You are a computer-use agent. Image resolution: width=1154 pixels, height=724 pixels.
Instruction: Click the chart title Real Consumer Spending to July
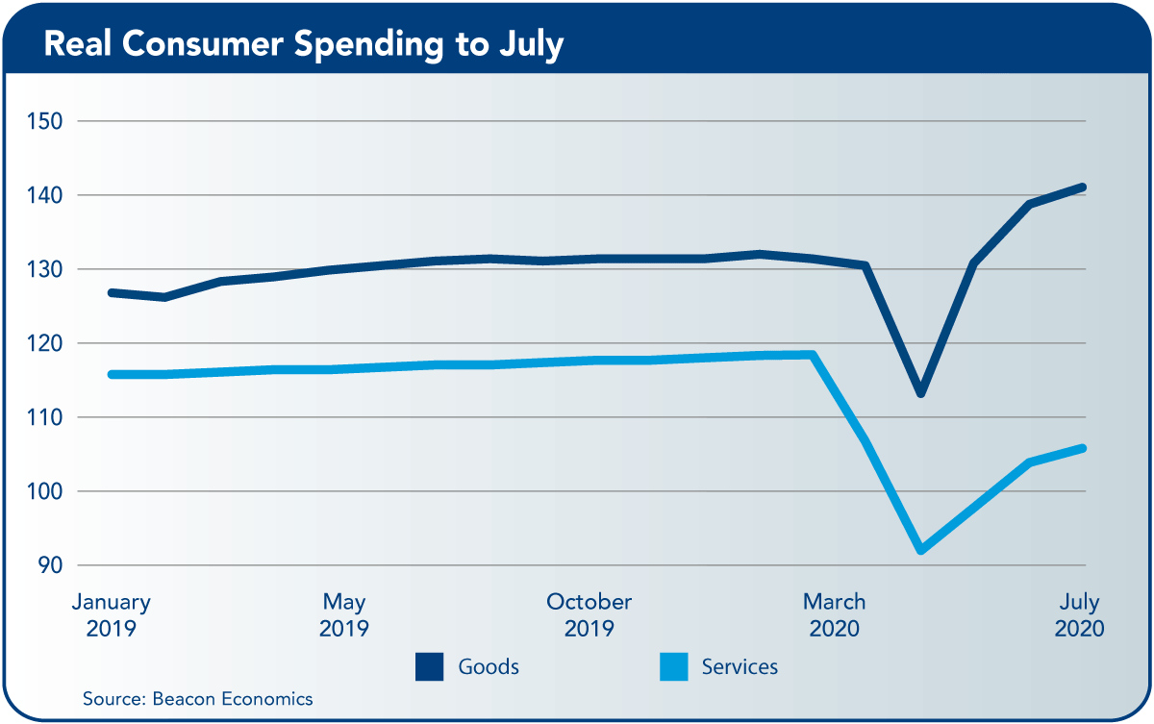click(x=303, y=44)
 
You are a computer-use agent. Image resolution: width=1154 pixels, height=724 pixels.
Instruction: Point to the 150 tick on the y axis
click(x=43, y=122)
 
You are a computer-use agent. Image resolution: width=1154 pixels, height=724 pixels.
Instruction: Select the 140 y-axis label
click(x=43, y=196)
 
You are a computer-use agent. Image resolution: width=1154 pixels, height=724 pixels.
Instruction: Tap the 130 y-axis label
click(x=43, y=270)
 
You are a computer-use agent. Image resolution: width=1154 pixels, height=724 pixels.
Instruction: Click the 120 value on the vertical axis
click(x=43, y=344)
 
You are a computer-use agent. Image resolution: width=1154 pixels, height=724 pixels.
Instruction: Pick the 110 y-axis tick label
click(x=43, y=418)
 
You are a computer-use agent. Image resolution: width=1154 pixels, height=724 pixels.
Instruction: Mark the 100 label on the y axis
click(x=43, y=492)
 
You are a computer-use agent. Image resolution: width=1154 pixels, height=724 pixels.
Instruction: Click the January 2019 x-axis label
click(x=112, y=616)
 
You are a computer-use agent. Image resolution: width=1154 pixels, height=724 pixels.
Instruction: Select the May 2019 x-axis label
click(x=344, y=616)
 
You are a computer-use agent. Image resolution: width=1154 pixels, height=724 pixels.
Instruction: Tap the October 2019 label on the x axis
click(x=590, y=616)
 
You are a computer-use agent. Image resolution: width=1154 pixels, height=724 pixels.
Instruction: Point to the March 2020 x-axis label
click(x=835, y=616)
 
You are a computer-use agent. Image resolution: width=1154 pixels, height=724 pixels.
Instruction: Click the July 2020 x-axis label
click(x=1079, y=616)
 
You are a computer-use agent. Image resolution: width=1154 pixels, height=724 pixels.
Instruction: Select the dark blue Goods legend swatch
click(x=429, y=666)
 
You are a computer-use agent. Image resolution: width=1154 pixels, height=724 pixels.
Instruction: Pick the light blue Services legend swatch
click(x=673, y=666)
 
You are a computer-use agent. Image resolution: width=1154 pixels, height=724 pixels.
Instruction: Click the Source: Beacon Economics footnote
click(x=197, y=698)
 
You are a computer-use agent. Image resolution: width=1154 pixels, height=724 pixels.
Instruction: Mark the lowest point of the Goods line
click(x=920, y=393)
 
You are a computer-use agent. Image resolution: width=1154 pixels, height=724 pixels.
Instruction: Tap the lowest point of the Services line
click(x=920, y=550)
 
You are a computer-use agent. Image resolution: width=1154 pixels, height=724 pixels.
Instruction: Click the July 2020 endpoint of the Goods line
click(x=1083, y=187)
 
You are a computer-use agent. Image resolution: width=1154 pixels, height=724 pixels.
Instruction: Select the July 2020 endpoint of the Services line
click(x=1083, y=448)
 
